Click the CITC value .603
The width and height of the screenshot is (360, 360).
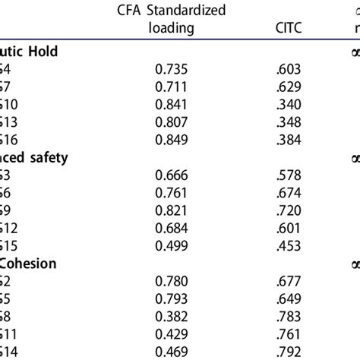point(286,69)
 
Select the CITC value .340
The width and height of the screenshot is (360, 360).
point(286,103)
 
